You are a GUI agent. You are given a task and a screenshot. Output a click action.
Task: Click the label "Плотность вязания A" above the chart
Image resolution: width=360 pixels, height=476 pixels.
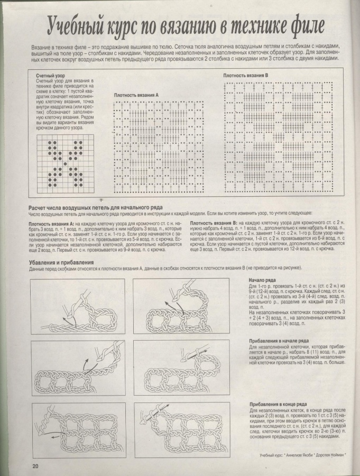coord(136,95)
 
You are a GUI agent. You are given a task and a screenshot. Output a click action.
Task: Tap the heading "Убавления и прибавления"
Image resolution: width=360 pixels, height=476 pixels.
coord(62,261)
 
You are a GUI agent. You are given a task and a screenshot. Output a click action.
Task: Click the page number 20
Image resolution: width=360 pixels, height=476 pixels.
coord(35,465)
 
